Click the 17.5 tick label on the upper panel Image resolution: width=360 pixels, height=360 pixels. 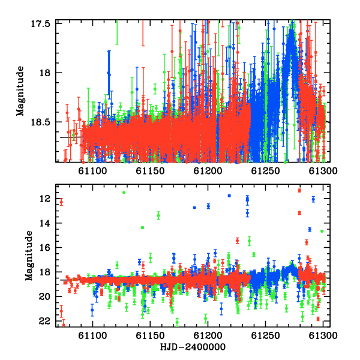(x=40, y=23)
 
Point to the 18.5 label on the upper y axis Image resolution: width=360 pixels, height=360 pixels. (x=40, y=122)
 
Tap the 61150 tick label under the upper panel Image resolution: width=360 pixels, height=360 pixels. (x=150, y=171)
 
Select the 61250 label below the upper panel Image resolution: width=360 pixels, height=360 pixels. (x=265, y=171)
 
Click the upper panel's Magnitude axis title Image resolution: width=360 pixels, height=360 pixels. (x=20, y=91)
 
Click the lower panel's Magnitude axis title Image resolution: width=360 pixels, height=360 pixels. (x=29, y=256)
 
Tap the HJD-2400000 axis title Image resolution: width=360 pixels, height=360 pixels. (x=193, y=347)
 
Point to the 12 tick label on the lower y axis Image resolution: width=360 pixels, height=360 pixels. (x=45, y=199)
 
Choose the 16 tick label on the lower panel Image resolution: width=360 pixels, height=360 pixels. (x=45, y=248)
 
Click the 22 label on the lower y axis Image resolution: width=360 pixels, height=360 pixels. (x=45, y=321)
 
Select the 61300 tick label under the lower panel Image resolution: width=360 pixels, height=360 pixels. (x=323, y=335)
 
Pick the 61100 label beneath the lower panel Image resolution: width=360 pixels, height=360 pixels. (x=92, y=335)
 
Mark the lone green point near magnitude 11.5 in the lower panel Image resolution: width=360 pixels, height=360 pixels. (x=124, y=193)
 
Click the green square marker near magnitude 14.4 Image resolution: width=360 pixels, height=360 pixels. (x=143, y=228)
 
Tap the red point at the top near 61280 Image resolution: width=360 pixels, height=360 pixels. (x=299, y=191)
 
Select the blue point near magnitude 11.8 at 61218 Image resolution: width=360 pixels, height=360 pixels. (x=229, y=196)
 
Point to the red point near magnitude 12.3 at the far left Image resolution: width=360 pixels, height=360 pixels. (x=61, y=202)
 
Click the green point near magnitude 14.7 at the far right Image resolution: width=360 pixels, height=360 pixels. (x=322, y=231)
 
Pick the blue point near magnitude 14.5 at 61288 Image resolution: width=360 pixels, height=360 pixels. (x=310, y=229)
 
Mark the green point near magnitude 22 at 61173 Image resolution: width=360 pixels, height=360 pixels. (x=177, y=322)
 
